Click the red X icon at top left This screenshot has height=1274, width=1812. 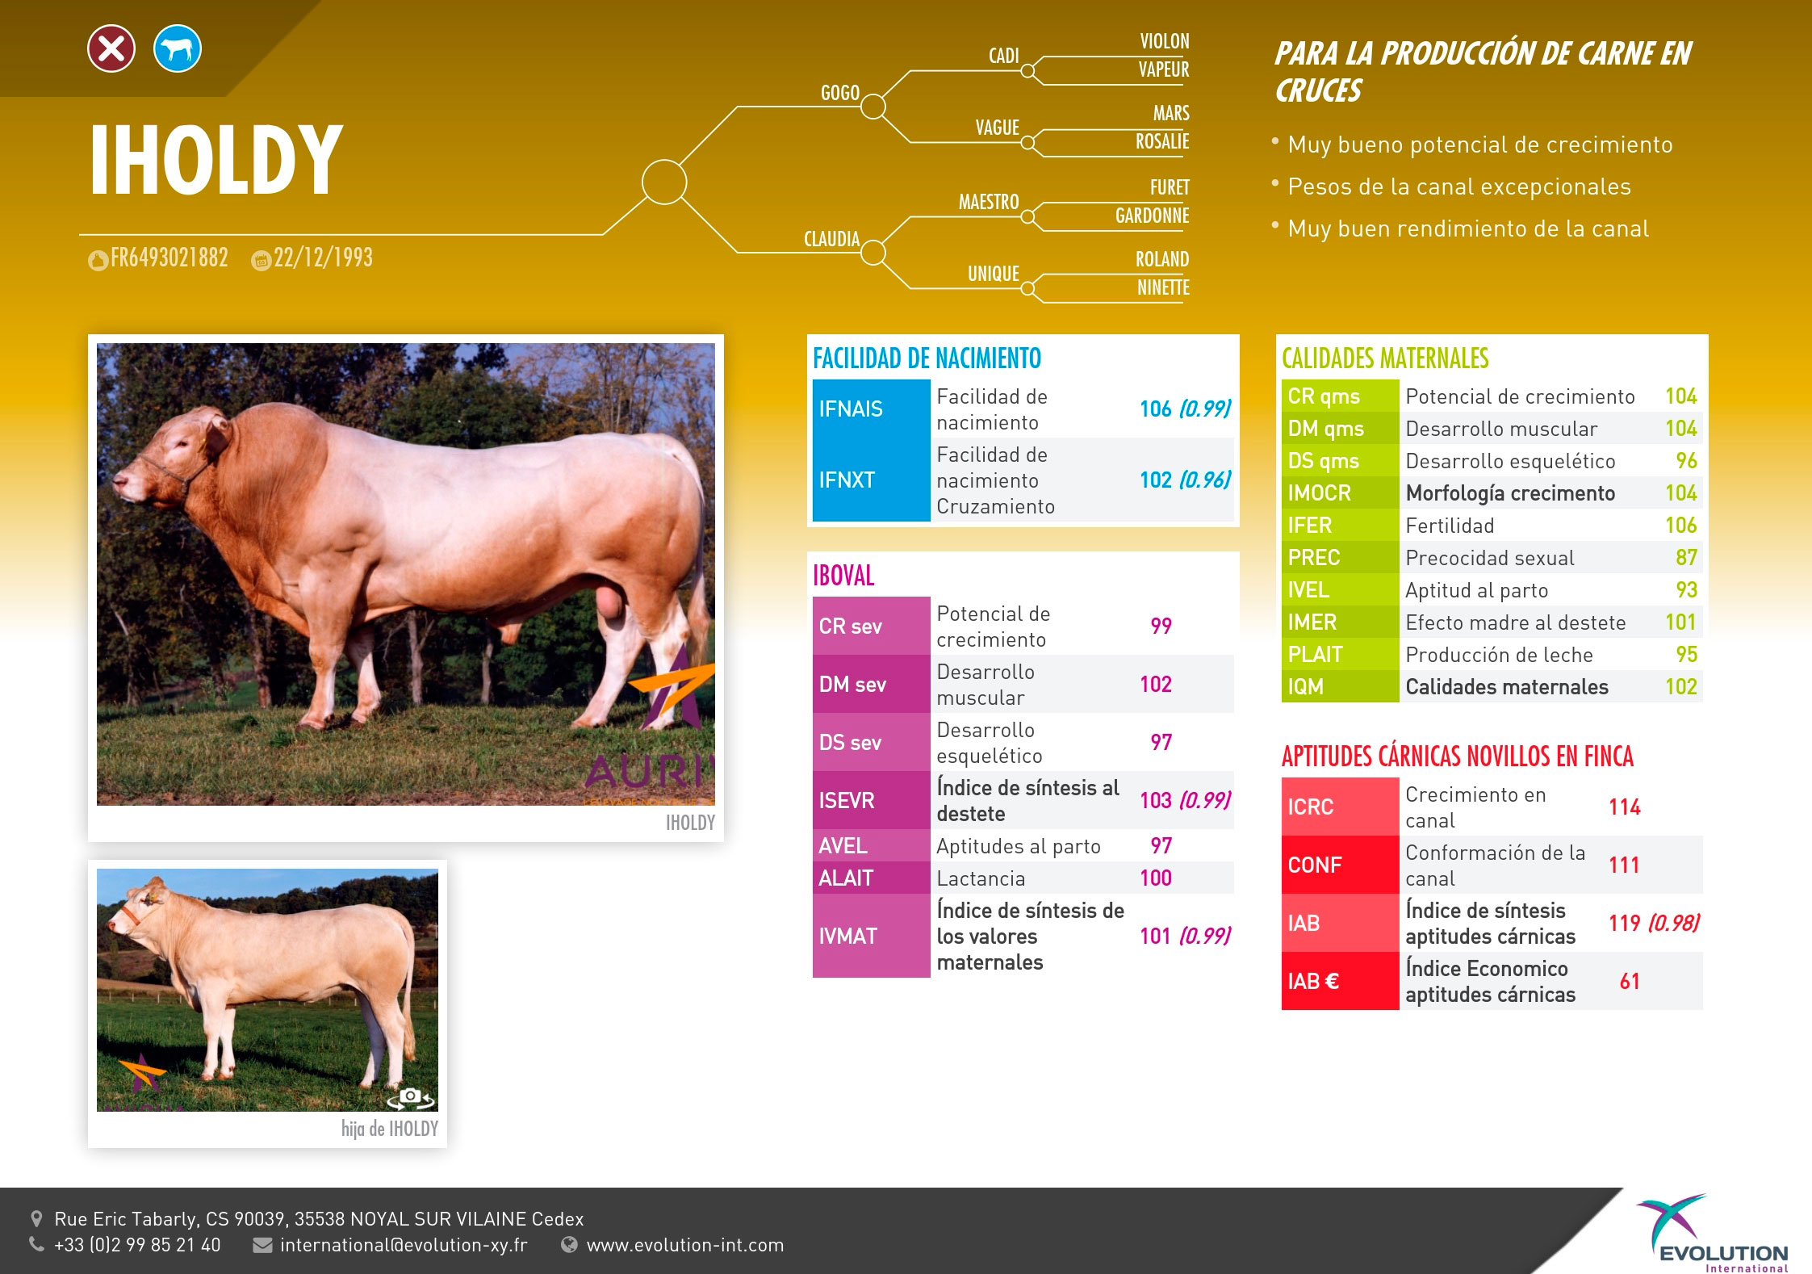tap(111, 49)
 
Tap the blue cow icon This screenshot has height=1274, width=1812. tap(178, 49)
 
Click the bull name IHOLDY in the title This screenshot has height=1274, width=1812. tap(216, 161)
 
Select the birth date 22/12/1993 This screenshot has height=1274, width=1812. tap(323, 258)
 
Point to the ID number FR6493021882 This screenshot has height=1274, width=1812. tap(169, 258)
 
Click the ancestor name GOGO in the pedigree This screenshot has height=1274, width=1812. tap(840, 93)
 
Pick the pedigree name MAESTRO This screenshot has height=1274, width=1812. tap(989, 202)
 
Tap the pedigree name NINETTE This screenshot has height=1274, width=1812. tap(1163, 287)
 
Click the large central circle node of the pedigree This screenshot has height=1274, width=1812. tap(664, 182)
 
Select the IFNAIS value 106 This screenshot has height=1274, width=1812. tap(1155, 409)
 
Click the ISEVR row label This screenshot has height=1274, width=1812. tap(847, 800)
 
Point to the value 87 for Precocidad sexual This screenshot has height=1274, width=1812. tap(1686, 557)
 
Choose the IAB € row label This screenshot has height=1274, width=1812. tap(1313, 981)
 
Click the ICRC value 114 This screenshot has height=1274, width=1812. tap(1625, 807)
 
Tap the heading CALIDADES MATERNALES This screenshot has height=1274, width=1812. tap(1385, 358)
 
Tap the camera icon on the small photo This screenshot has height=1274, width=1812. tap(411, 1096)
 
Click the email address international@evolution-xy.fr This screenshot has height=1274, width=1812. tap(404, 1245)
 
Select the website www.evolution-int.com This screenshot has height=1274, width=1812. tap(685, 1245)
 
